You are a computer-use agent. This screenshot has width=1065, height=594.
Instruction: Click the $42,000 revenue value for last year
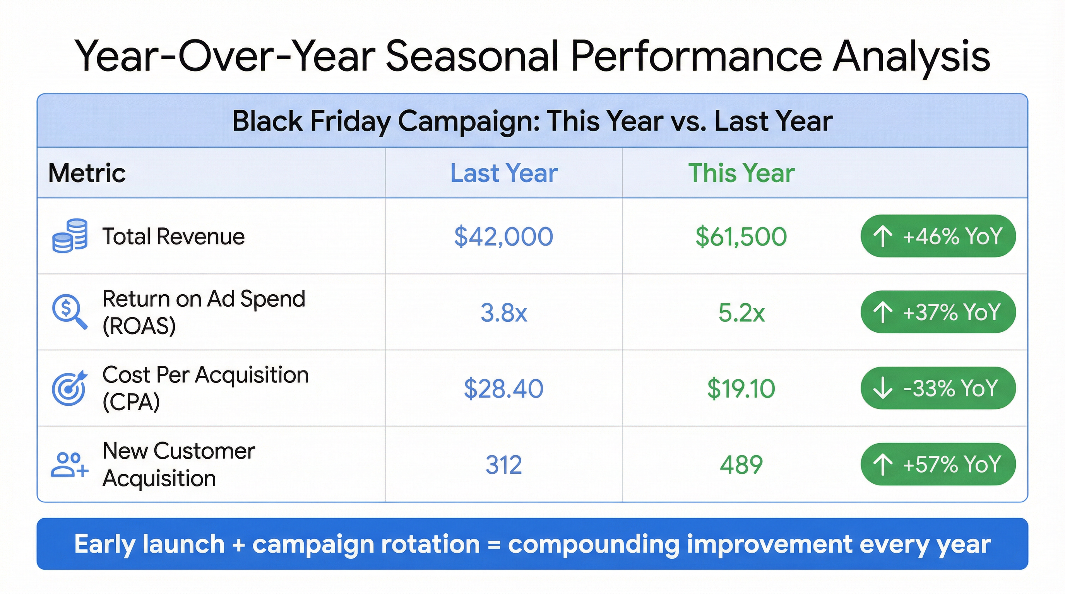point(503,236)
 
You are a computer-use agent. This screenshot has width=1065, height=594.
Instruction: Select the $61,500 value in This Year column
point(741,236)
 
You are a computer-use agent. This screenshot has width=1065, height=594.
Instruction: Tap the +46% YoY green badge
point(938,236)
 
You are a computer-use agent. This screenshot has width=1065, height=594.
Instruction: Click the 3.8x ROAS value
point(503,312)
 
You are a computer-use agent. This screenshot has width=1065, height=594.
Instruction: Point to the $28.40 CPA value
point(503,388)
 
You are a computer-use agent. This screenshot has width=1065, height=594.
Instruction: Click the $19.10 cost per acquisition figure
point(741,388)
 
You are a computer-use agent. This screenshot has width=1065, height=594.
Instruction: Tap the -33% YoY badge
point(938,388)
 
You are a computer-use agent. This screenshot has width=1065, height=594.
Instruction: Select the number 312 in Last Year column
point(503,465)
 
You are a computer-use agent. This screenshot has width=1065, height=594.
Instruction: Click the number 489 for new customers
point(741,465)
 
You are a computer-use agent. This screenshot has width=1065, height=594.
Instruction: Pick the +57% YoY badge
point(938,464)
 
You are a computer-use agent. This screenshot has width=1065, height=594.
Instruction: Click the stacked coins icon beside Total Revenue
point(69,236)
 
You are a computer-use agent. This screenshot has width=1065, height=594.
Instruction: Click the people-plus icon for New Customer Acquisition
point(69,464)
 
